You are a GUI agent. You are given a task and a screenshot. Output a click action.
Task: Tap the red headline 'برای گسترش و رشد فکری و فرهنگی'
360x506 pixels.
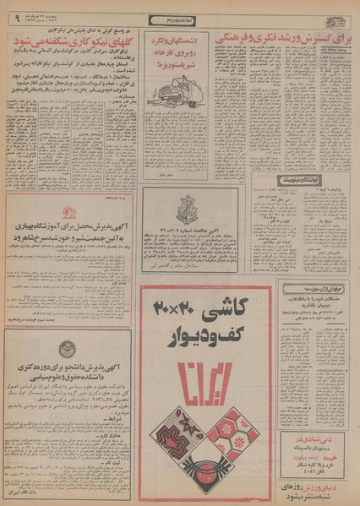click(x=283, y=38)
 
